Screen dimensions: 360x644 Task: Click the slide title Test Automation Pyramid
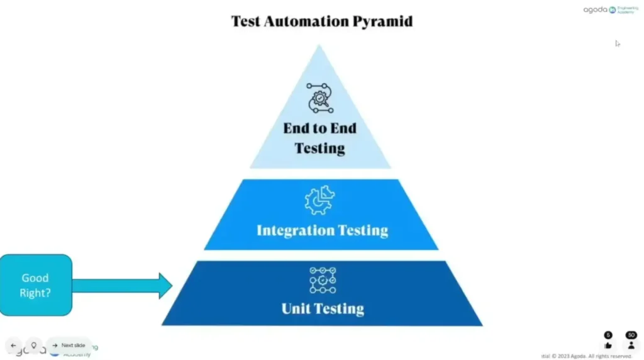322,21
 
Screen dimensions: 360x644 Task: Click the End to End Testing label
319,138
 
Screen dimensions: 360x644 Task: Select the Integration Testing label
322,230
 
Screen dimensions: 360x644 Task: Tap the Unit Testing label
323,308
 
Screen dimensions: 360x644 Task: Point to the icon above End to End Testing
319,98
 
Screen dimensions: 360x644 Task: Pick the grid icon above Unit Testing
323,280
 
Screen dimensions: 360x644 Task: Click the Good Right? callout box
35,285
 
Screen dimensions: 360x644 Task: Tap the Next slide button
69,345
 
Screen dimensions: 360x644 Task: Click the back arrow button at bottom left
13,345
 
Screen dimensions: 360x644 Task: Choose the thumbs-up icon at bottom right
608,345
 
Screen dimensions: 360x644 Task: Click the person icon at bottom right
631,345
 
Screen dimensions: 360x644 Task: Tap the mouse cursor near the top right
618,43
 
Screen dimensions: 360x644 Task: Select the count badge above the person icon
631,335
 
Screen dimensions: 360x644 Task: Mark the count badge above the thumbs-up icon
608,335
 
